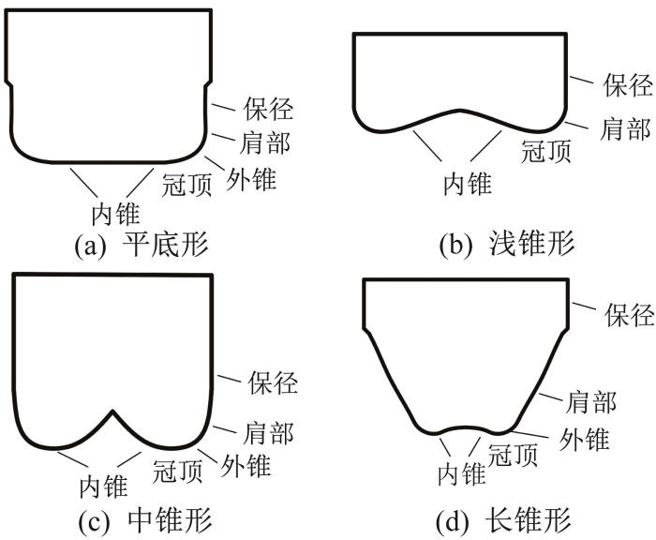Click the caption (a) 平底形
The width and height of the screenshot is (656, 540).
click(141, 245)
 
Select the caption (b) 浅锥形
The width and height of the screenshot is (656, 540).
click(507, 244)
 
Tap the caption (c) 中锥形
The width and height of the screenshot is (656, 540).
click(145, 520)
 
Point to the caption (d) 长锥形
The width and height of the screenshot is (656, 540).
click(503, 520)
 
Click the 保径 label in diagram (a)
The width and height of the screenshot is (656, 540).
click(269, 110)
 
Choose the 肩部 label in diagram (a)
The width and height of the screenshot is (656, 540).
click(265, 142)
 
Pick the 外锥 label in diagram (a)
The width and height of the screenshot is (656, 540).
click(251, 179)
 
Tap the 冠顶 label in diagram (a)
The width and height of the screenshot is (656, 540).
click(187, 185)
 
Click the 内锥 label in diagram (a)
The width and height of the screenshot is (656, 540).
click(115, 214)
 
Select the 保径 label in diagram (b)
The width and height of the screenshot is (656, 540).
click(628, 85)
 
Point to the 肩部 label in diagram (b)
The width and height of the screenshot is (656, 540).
click(625, 129)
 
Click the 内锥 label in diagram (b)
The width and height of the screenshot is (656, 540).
click(468, 184)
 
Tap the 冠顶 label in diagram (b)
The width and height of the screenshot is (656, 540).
click(546, 151)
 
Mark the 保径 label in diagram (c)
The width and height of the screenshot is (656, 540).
click(273, 382)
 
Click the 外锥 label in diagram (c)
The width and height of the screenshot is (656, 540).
click(246, 466)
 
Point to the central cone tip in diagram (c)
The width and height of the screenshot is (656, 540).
click(112, 411)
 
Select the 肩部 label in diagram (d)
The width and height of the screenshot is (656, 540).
click(591, 402)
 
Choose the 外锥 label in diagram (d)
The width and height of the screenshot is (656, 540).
click(585, 439)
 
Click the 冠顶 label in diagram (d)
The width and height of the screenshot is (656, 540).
click(513, 455)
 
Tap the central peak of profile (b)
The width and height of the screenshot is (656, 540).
click(460, 111)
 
